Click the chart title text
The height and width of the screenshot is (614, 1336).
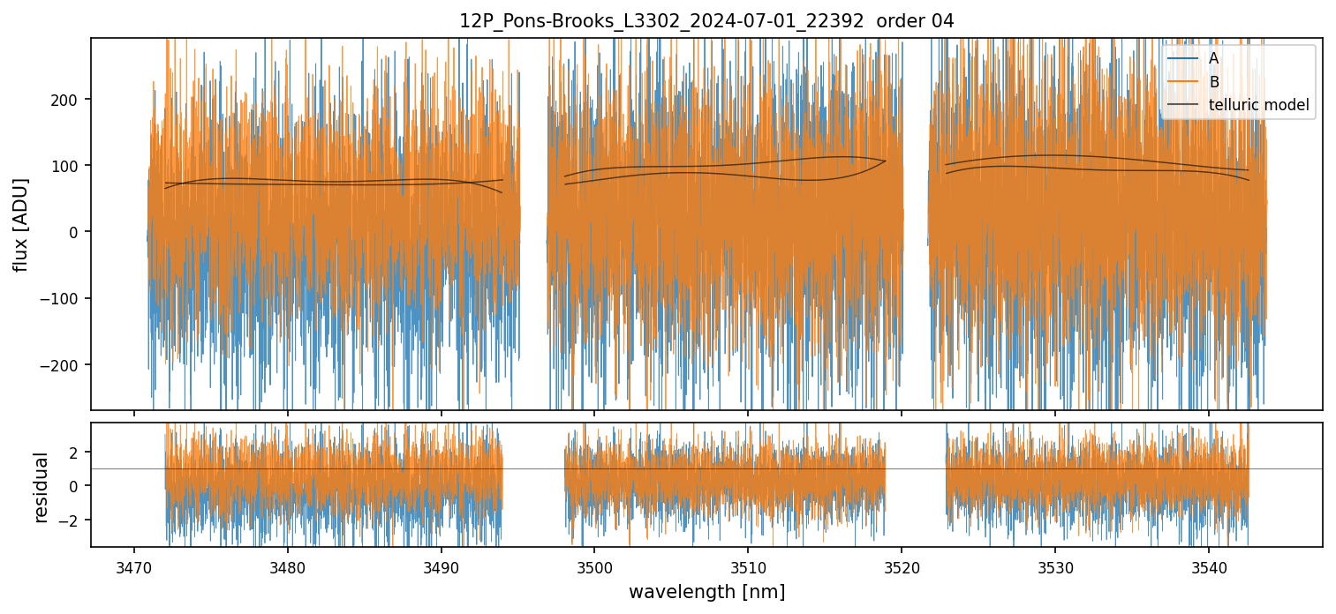click(706, 21)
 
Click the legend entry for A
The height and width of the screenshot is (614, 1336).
click(1214, 58)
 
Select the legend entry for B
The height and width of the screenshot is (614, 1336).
click(1214, 82)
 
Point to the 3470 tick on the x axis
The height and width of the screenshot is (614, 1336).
click(133, 565)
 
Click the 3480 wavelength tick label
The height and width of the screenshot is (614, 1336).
click(287, 565)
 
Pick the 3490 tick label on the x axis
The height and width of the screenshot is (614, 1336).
click(441, 565)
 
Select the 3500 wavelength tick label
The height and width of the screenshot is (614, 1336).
click(594, 565)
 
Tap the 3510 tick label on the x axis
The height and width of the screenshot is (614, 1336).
click(748, 565)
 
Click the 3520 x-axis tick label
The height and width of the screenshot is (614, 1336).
click(902, 565)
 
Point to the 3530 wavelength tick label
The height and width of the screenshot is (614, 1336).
click(1055, 565)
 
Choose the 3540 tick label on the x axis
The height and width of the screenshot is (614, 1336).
click(1209, 565)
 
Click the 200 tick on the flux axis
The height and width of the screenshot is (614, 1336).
click(70, 99)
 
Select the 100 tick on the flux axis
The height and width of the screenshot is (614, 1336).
click(70, 166)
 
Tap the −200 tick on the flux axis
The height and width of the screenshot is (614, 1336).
click(65, 365)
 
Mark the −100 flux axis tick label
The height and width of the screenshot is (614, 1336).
click(65, 298)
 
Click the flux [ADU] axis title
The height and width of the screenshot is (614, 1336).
click(20, 224)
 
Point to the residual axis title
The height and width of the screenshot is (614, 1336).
click(41, 486)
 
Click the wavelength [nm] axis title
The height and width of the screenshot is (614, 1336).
click(706, 591)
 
